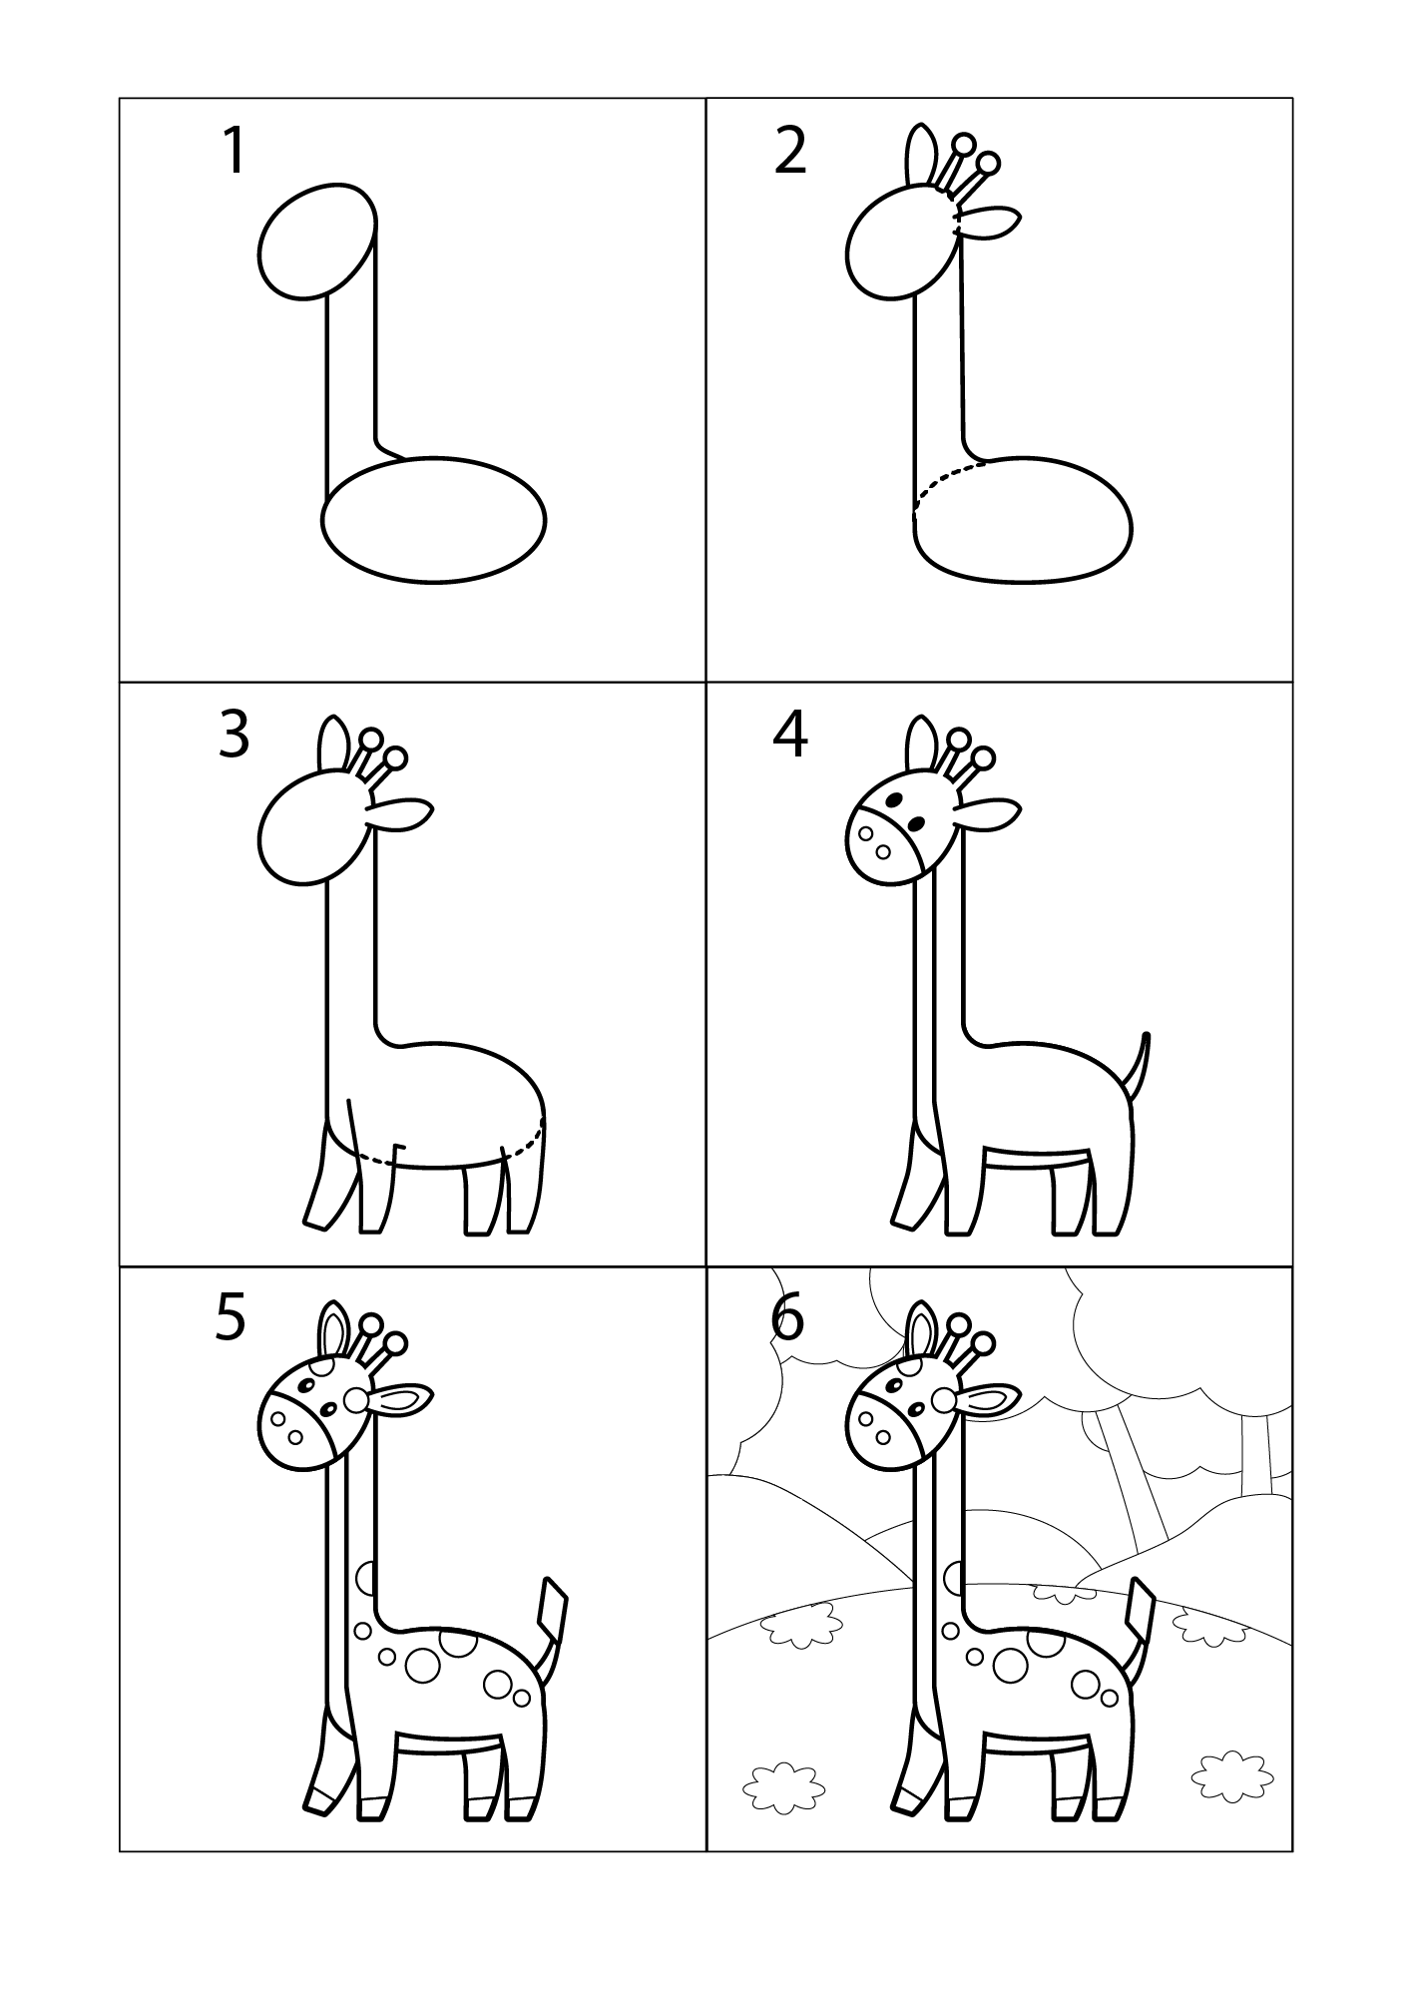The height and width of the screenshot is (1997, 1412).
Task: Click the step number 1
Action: (234, 152)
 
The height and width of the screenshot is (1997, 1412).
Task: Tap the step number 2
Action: (790, 152)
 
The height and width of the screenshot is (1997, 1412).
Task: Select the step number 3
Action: (234, 736)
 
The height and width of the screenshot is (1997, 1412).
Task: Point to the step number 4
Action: (790, 736)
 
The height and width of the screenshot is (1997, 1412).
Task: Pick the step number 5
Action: (231, 1318)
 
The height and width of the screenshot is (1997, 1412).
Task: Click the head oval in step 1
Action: (317, 241)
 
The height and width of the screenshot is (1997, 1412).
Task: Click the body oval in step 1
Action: (434, 519)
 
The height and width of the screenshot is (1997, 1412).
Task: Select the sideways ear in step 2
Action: (988, 223)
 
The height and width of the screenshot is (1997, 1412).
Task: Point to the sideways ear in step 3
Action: (401, 813)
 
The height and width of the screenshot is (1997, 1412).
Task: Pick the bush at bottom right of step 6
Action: (1233, 1770)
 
